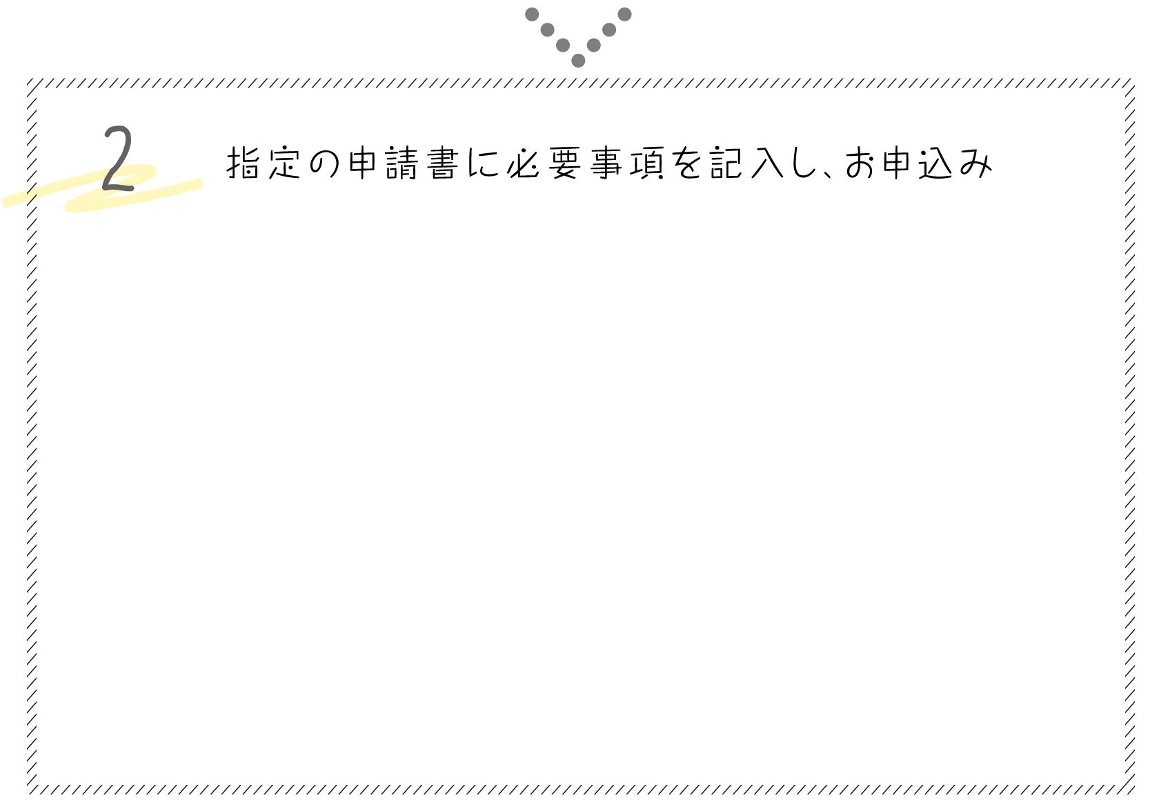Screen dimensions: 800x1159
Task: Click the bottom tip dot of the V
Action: click(x=578, y=61)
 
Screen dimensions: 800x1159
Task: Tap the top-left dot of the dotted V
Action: click(x=532, y=14)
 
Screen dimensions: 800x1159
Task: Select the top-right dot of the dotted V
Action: click(x=624, y=14)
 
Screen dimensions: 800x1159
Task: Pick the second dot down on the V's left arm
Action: click(x=547, y=30)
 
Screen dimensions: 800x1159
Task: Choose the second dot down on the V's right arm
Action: click(x=609, y=30)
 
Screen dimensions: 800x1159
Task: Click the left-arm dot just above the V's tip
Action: click(x=563, y=46)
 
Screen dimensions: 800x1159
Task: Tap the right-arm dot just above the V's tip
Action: click(x=594, y=46)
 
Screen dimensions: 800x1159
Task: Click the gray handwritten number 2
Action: click(x=117, y=159)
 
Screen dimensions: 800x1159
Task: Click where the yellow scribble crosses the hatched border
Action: click(x=31, y=196)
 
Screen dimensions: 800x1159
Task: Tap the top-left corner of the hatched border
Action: click(x=31, y=83)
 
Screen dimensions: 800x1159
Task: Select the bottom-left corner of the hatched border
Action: click(x=31, y=790)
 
